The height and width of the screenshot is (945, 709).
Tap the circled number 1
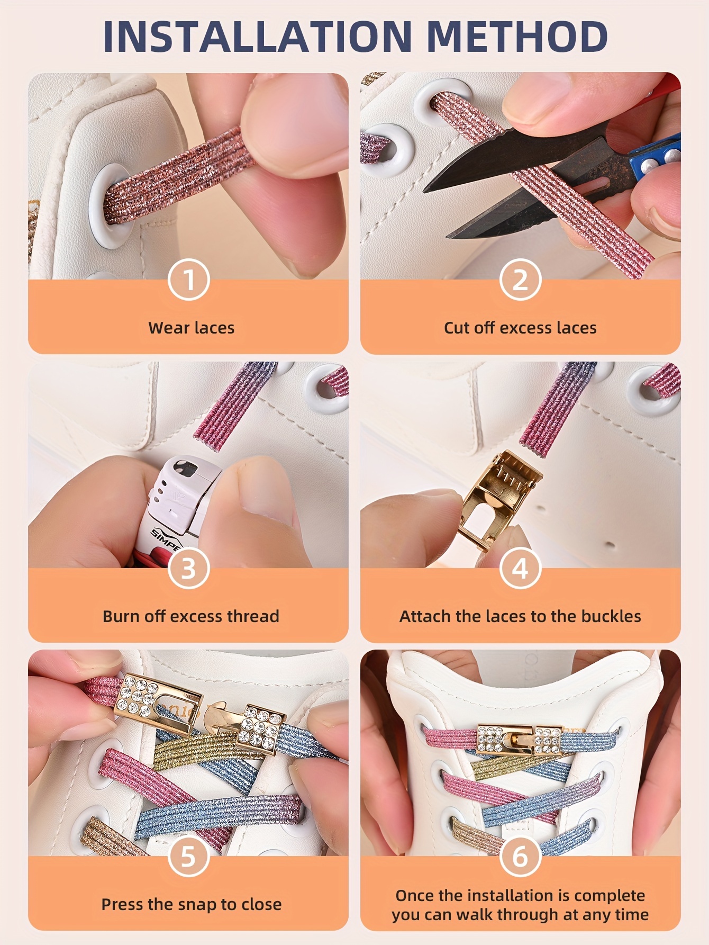189,280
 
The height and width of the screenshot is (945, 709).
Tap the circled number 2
520,280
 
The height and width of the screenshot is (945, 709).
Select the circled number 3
189,568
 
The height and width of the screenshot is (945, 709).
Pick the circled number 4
520,568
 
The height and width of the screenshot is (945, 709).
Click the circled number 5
189,856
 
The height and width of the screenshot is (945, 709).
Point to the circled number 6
520,856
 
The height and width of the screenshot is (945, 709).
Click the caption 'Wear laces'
191,328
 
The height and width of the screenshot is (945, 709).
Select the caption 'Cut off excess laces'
520,328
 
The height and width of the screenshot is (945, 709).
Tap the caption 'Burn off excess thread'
190,616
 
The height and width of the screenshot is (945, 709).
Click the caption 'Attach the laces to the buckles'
520,616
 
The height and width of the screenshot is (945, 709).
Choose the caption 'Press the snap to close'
191,904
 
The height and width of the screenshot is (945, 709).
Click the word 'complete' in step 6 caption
609,895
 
